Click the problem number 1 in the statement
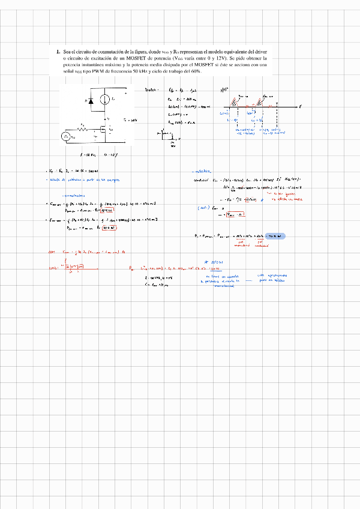pyautogui.click(x=58, y=52)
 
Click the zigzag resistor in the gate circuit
pyautogui.click(x=85, y=128)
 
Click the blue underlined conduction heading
pyautogui.click(x=203, y=172)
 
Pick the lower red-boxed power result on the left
pyautogui.click(x=109, y=229)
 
